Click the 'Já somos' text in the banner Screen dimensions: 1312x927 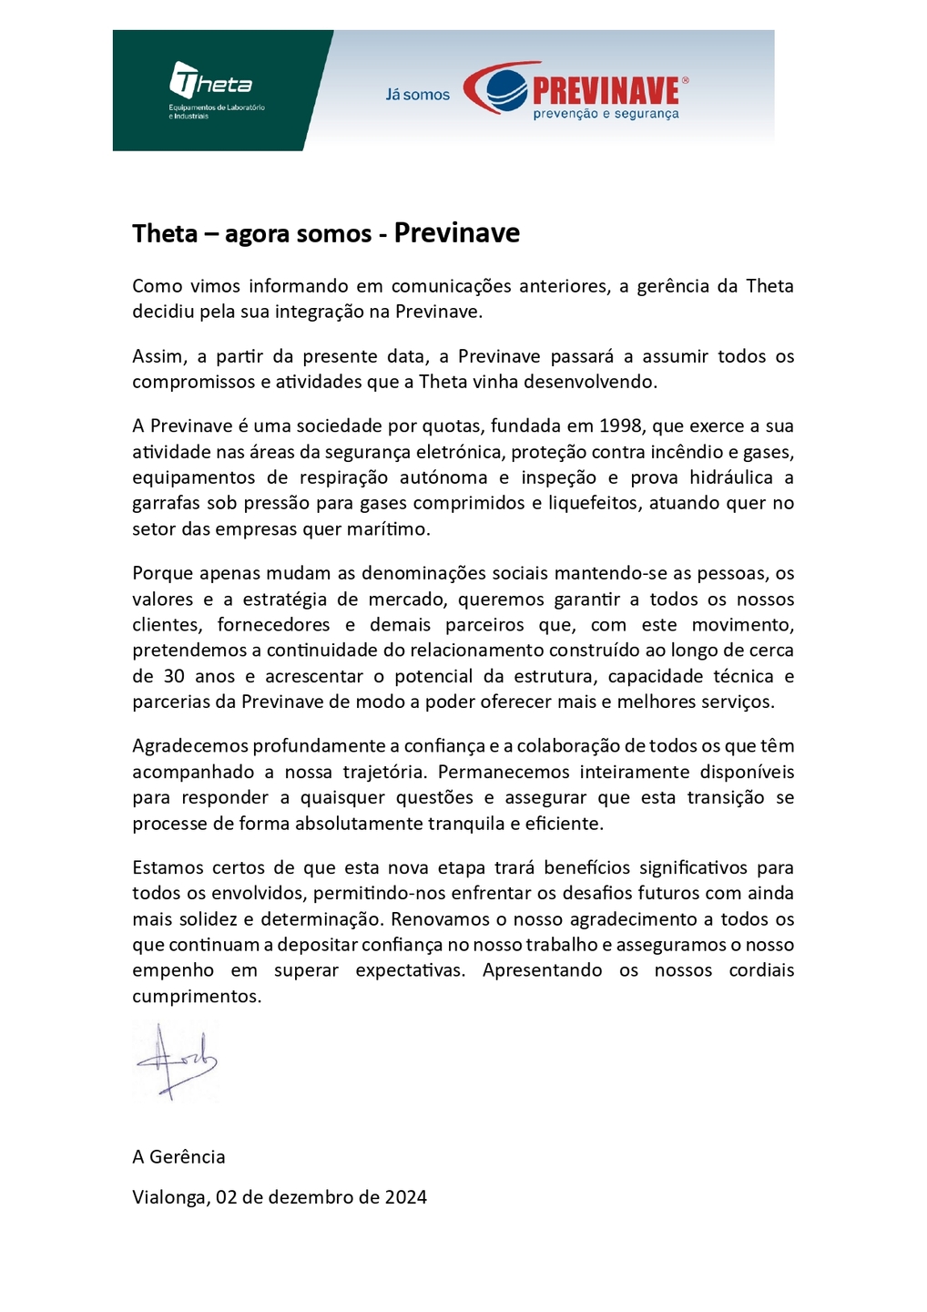tap(417, 95)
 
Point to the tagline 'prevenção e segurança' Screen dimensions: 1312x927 tap(606, 114)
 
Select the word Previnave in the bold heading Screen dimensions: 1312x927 tap(456, 233)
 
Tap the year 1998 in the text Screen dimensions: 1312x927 tap(620, 425)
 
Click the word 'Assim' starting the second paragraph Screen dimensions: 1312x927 tap(158, 356)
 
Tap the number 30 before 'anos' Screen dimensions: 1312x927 tap(174, 676)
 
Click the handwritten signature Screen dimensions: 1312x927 tap(176, 1061)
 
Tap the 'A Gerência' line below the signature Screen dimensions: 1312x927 tap(178, 1157)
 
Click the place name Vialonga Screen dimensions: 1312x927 tap(169, 1197)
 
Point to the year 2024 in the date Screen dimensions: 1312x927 tap(405, 1197)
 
